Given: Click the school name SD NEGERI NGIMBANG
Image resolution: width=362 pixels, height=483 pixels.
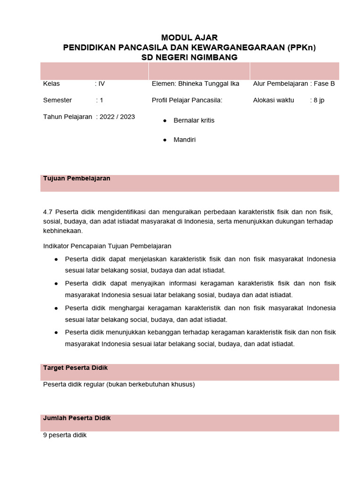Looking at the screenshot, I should coord(189,57).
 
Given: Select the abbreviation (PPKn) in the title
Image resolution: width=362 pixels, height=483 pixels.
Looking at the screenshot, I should coord(302,47).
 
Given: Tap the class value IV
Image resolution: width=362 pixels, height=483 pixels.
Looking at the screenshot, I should coord(101,83).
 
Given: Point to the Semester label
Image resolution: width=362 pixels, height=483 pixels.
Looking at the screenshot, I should coord(58,100).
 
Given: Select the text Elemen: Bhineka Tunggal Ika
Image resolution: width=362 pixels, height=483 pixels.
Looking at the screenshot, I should coord(195,83).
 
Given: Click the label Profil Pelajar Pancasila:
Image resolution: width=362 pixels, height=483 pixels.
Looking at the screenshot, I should coord(187,100).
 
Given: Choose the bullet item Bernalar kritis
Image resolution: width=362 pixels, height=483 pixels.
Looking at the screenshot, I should coord(194,120).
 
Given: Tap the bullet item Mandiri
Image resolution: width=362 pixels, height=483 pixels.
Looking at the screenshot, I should coord(184,140).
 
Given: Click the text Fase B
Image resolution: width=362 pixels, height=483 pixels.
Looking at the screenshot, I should coord(324,83).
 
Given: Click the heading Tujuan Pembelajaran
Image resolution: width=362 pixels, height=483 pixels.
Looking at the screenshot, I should coord(77,178).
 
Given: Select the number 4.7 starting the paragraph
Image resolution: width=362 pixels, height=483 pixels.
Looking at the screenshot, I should coord(48,212).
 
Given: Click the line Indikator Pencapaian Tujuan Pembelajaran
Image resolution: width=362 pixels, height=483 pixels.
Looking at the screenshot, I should coord(107,246).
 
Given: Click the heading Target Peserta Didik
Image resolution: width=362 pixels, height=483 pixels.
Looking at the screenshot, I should coord(75,367).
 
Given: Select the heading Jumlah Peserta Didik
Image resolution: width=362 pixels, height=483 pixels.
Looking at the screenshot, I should coord(77,418).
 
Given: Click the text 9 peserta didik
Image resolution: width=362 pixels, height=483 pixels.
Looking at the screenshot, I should coord(65,435).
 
